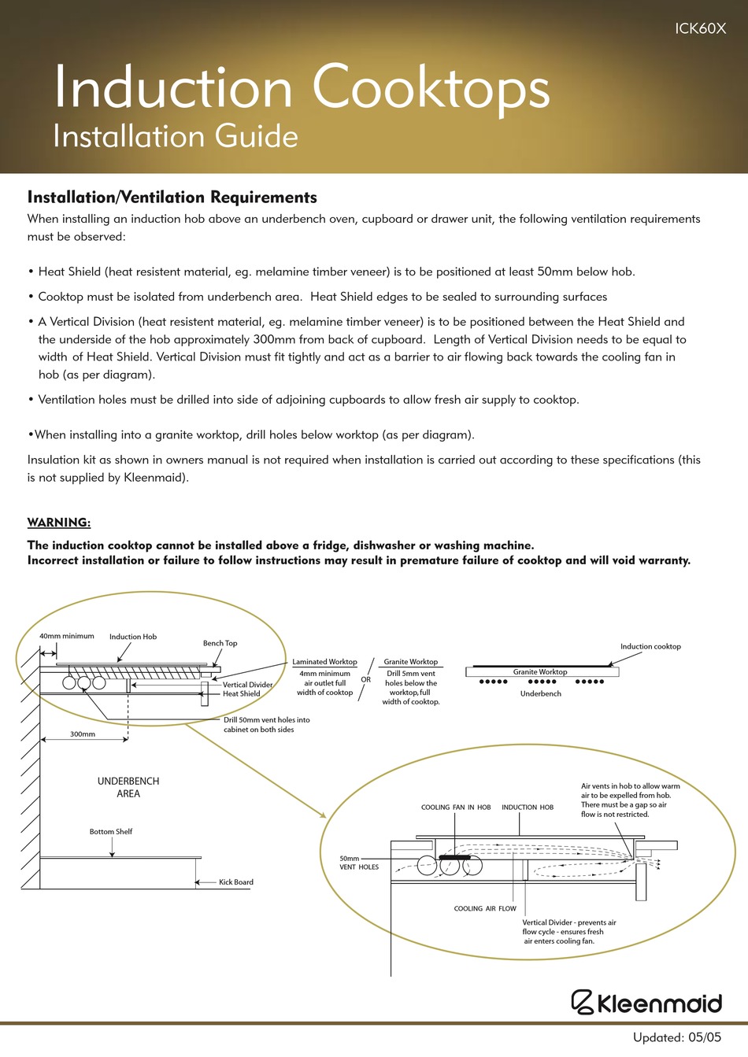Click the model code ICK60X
point(700,28)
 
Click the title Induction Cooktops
point(302,88)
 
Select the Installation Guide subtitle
point(176,137)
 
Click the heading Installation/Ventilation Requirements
point(172,198)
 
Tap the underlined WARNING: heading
point(59,523)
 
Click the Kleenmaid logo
point(646,1002)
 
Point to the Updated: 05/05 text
point(676,1037)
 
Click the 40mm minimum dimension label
point(67,636)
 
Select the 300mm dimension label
point(83,734)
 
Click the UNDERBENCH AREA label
point(128,787)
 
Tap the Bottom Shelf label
point(111,832)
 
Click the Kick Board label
point(236,882)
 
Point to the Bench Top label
point(220,643)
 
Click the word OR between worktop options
point(366,680)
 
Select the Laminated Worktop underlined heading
point(324,662)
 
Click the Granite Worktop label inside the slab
point(540,672)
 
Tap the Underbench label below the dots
point(541,694)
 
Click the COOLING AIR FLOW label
point(485,909)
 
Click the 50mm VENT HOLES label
point(358,863)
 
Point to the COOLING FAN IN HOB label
point(456,808)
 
